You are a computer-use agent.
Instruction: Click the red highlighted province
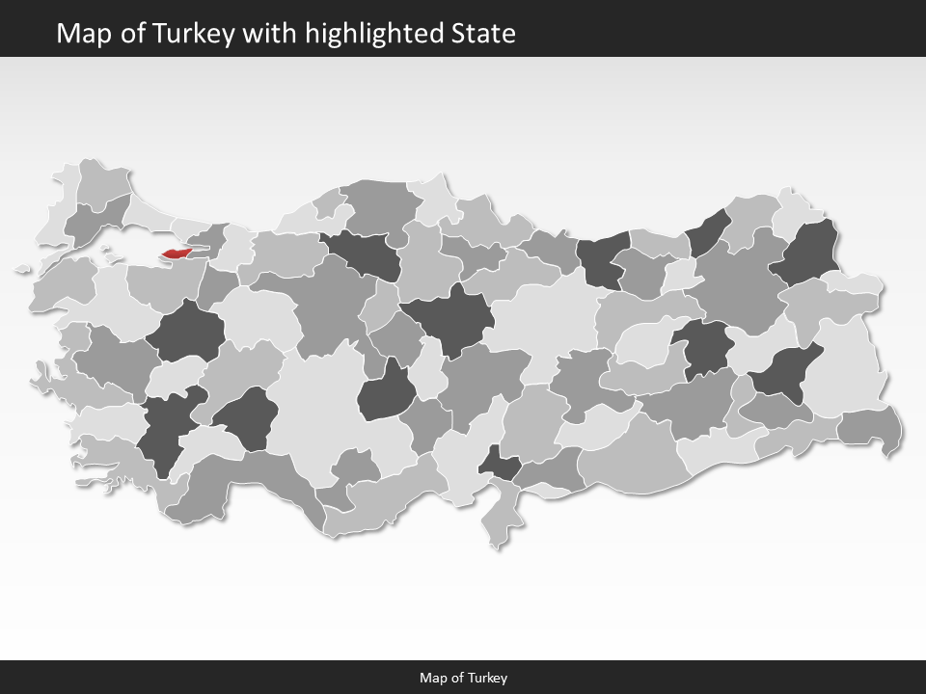coord(179,254)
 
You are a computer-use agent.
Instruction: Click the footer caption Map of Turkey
coord(463,678)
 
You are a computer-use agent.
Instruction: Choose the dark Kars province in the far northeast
coord(808,253)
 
